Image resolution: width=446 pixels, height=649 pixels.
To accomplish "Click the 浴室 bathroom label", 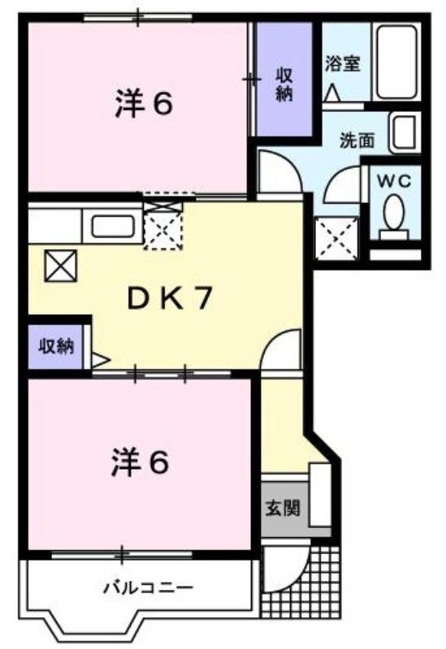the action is [x=342, y=64].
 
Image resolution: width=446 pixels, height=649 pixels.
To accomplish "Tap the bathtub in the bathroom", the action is [x=396, y=62].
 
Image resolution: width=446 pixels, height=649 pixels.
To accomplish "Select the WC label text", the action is [x=394, y=181].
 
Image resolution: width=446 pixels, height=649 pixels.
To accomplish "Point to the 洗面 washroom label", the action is [x=357, y=140].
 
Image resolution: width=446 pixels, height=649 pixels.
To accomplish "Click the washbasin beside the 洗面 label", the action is [x=405, y=132].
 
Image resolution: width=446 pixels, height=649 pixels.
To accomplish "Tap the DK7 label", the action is [x=170, y=299].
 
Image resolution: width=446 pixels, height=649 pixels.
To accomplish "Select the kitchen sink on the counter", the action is [x=112, y=226].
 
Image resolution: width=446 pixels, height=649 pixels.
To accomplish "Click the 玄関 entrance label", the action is [x=282, y=508].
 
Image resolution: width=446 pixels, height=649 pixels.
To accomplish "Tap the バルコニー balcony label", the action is [x=148, y=587].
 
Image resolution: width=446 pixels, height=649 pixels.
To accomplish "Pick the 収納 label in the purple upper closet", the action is [x=284, y=84].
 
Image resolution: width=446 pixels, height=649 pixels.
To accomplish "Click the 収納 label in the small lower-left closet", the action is [x=56, y=346].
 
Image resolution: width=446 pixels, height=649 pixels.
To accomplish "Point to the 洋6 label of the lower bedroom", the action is [x=140, y=462].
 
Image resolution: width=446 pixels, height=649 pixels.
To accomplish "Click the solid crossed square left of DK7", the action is [x=60, y=266].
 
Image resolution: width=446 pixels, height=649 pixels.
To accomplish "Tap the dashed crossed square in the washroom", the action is [x=336, y=239].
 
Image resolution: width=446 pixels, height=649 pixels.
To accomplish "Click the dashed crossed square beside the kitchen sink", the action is [x=163, y=226].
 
